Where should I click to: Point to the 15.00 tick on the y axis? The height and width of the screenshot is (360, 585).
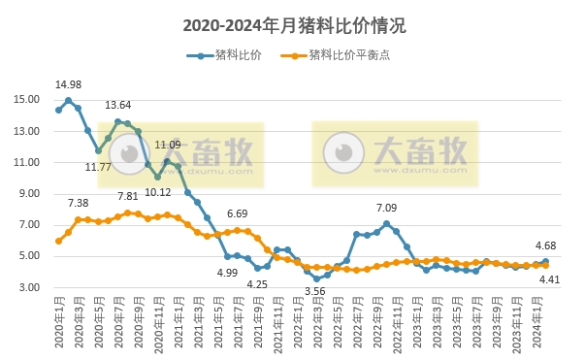point(26,100)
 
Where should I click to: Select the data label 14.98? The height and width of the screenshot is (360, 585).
point(68,84)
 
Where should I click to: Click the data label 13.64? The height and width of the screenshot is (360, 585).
point(118,105)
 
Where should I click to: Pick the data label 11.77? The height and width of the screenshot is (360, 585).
point(98,167)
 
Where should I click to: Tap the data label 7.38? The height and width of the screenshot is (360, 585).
point(79,203)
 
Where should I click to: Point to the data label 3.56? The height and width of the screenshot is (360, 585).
point(314,291)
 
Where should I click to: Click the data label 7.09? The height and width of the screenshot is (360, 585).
point(386,208)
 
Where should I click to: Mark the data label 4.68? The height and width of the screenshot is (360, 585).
point(546,245)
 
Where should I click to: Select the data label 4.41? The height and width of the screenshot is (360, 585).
point(549,279)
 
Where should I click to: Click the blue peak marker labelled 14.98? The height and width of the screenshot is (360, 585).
point(68,100)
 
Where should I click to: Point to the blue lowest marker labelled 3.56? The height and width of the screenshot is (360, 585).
point(316,278)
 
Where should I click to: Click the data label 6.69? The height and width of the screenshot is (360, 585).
point(238,213)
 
